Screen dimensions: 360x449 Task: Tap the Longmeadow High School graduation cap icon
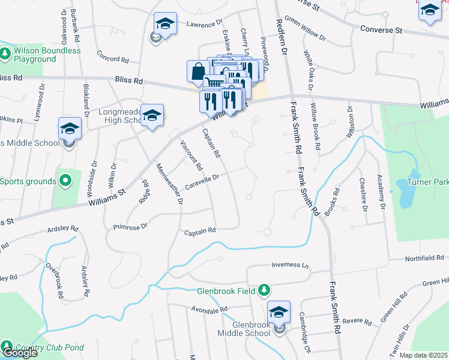152,114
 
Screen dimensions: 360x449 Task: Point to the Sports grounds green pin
65,181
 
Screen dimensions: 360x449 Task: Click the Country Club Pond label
50,347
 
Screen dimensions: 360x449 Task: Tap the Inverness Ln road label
289,265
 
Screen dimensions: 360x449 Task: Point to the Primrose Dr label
130,227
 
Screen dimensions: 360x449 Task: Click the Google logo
20,353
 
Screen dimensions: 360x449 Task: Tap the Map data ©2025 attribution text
424,355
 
